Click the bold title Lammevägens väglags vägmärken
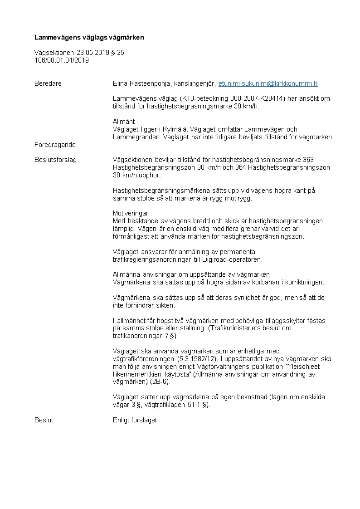click(x=89, y=38)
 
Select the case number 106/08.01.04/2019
click(x=62, y=60)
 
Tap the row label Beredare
click(x=48, y=84)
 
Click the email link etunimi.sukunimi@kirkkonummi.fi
click(x=268, y=84)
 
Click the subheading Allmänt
click(x=124, y=122)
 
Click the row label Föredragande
click(x=55, y=145)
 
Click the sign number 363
click(x=308, y=160)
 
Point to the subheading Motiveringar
click(x=131, y=213)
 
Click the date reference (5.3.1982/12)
click(x=203, y=359)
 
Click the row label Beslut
click(x=44, y=420)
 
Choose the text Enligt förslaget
click(x=136, y=420)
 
